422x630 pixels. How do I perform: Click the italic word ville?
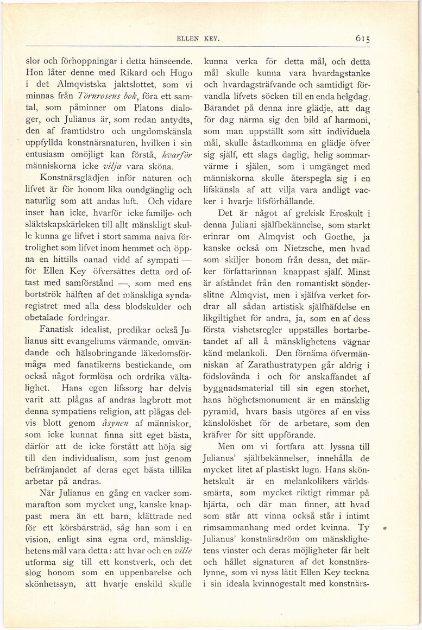pos(182,550)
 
